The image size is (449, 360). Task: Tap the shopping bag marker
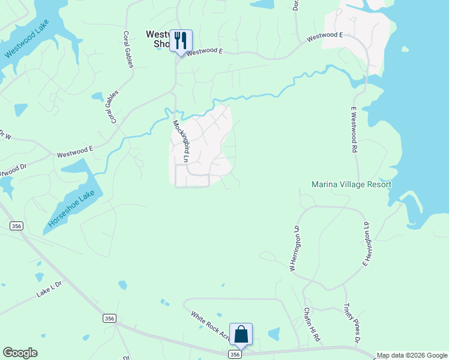coord(241,334)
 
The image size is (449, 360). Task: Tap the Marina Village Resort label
coord(351,185)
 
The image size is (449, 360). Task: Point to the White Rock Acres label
coord(211,325)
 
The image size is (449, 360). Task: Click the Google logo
coord(20,353)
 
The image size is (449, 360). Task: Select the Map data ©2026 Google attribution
coord(412,355)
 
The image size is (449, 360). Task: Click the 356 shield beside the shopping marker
coord(235,355)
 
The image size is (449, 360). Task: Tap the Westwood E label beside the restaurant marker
coord(204,52)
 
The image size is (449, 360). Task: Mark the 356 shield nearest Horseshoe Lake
coord(16,225)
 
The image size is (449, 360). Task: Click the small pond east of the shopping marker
coord(273,334)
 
